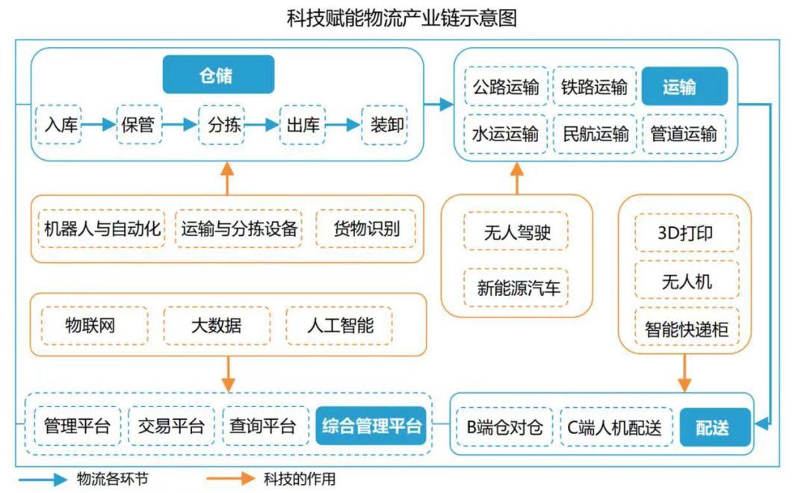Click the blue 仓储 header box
tap(218, 75)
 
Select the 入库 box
tap(59, 124)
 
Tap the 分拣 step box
tap(222, 125)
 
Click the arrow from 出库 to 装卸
tap(343, 125)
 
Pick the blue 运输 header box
tap(684, 87)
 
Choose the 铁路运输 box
tap(595, 87)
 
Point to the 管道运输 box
tap(684, 134)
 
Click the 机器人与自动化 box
tap(102, 229)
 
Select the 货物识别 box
tap(366, 229)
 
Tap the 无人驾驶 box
tap(516, 232)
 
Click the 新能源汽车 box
tap(516, 287)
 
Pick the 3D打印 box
tap(687, 232)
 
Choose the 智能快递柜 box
tap(687, 329)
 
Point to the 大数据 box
tap(217, 325)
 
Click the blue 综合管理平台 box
tap(371, 426)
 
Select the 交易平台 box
tap(171, 426)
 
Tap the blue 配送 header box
tap(715, 427)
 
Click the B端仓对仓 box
tap(505, 427)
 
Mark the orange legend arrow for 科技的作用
tap(230, 479)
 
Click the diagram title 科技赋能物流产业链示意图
tap(402, 18)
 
